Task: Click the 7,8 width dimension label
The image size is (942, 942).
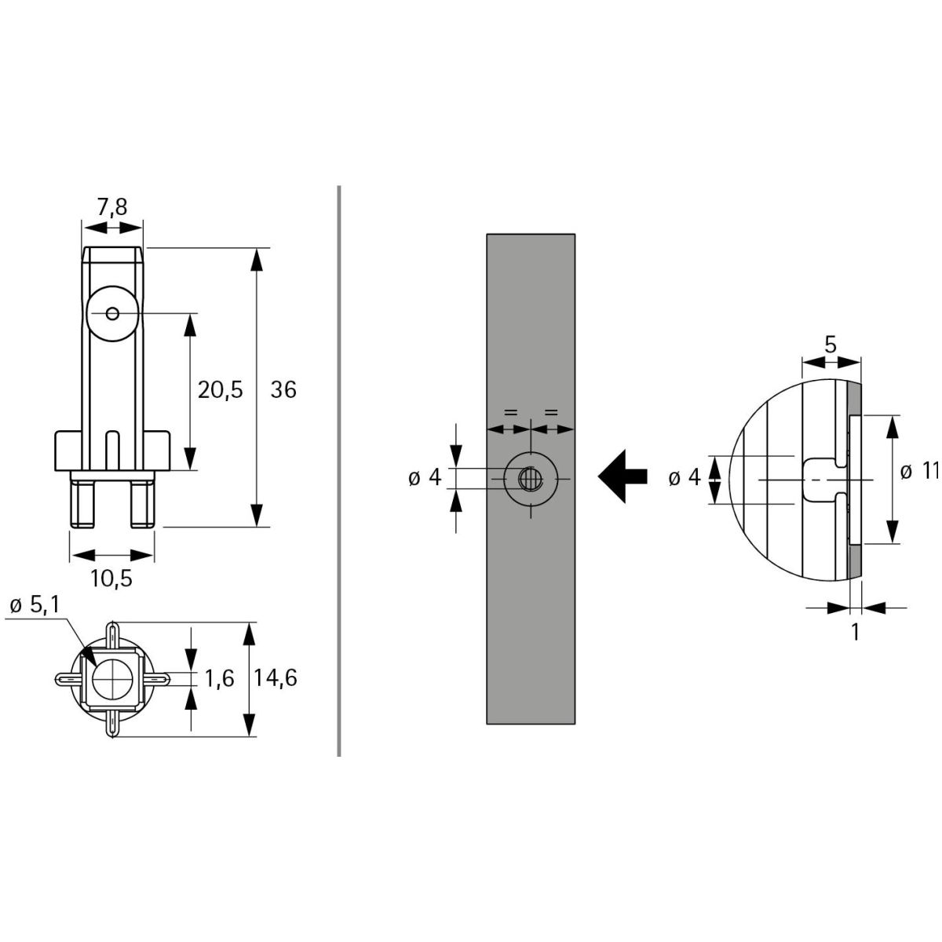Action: (112, 207)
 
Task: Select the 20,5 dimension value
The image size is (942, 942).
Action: (220, 390)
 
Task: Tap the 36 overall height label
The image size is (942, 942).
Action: (283, 390)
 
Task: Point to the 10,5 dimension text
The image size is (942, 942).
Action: (111, 579)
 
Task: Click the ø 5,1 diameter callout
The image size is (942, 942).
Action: (35, 606)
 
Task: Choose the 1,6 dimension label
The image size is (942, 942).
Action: (220, 678)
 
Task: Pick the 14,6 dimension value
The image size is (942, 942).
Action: (276, 678)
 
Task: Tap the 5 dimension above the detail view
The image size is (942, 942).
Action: (831, 345)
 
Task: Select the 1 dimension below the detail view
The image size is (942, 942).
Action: (855, 633)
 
